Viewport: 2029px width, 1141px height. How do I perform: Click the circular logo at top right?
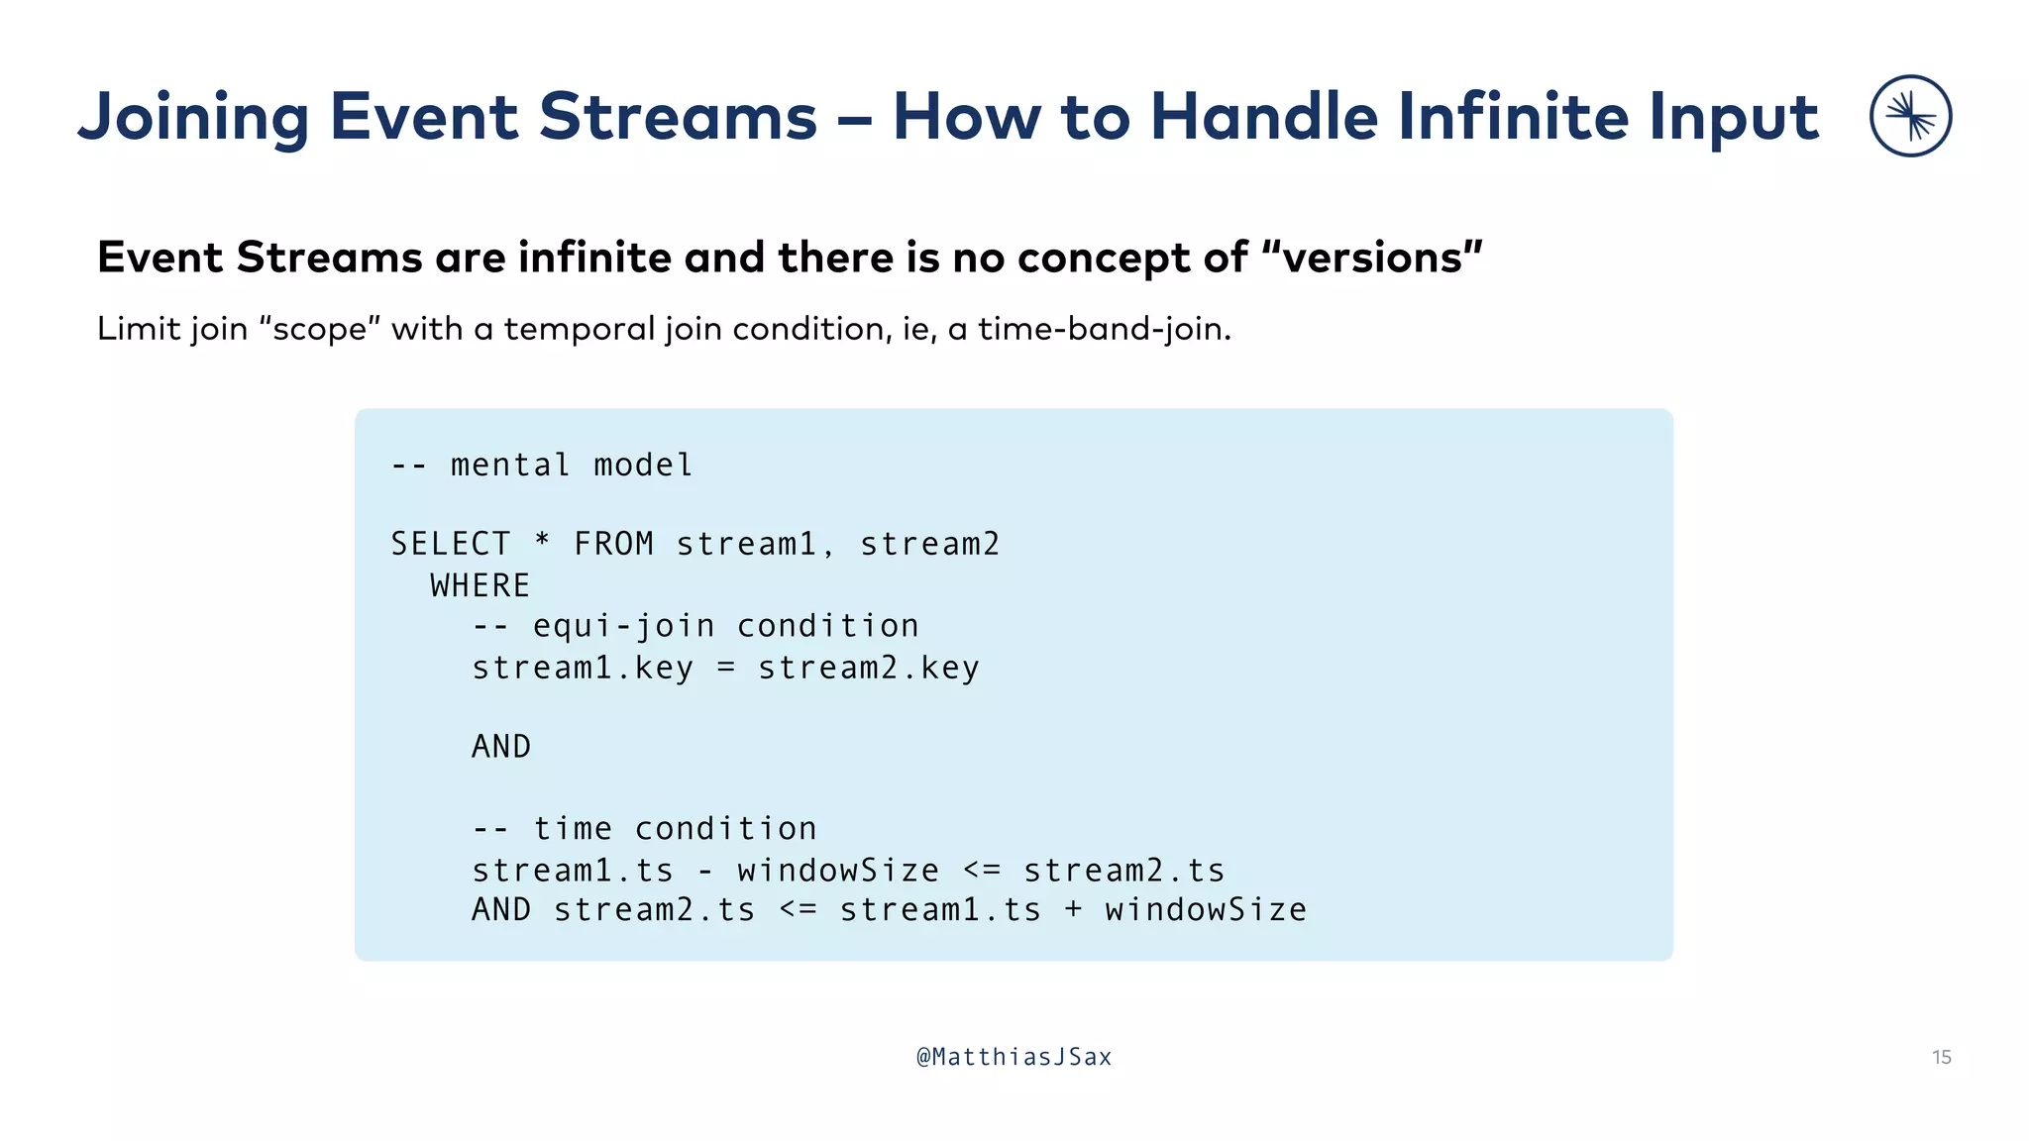pos(1910,116)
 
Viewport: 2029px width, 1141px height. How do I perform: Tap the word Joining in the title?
pos(194,118)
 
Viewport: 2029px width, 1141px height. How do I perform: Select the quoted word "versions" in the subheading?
pos(1372,258)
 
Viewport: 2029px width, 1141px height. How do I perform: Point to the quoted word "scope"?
pos(319,329)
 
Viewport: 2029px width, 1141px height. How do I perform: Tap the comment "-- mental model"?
pos(542,465)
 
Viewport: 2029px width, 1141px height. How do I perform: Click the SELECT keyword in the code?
pos(451,544)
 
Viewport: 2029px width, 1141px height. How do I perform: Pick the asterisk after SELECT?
pos(542,543)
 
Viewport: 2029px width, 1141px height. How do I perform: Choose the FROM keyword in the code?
pos(613,544)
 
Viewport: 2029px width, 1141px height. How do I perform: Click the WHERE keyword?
pos(481,585)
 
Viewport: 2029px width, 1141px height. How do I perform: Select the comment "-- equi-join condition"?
pos(695,626)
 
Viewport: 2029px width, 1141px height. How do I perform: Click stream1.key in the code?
pos(583,668)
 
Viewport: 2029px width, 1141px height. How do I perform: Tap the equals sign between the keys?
pos(726,668)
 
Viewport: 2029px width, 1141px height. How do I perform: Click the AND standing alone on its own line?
pos(501,747)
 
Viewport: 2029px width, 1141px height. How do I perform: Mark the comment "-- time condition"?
pos(644,828)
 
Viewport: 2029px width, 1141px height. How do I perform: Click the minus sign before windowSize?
pos(705,871)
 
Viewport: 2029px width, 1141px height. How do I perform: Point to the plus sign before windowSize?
pos(1073,910)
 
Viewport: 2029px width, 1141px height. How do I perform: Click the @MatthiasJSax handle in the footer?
pos(1014,1057)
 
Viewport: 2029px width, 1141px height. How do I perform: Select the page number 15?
pos(1941,1057)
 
